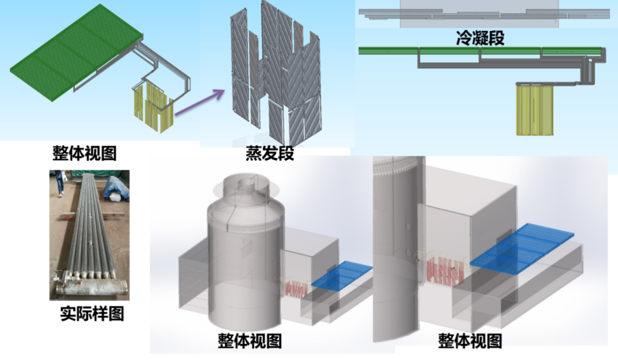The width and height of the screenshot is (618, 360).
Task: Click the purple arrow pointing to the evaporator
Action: click(x=199, y=103)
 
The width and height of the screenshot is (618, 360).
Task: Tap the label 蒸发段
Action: click(x=270, y=153)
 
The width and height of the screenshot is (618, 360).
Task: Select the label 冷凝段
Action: click(x=480, y=38)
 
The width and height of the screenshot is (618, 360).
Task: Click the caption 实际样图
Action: click(x=92, y=314)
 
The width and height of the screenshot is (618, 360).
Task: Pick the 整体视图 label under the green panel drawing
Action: click(x=85, y=153)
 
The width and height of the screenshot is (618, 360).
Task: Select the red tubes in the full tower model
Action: click(x=296, y=290)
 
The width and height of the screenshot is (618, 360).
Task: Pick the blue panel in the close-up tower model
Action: click(x=522, y=249)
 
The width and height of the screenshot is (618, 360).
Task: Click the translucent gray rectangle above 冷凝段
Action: click(x=479, y=14)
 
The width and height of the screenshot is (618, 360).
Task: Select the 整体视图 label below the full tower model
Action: click(x=250, y=341)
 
